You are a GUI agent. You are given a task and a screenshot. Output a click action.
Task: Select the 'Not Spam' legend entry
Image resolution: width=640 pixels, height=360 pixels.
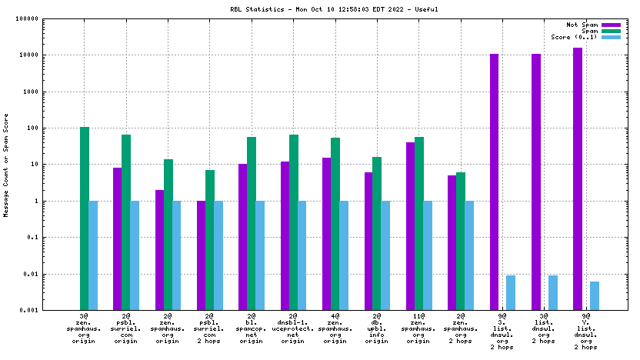point(582,25)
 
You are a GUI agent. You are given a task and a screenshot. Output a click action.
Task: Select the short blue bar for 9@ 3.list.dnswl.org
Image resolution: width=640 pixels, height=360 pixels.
point(511,292)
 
